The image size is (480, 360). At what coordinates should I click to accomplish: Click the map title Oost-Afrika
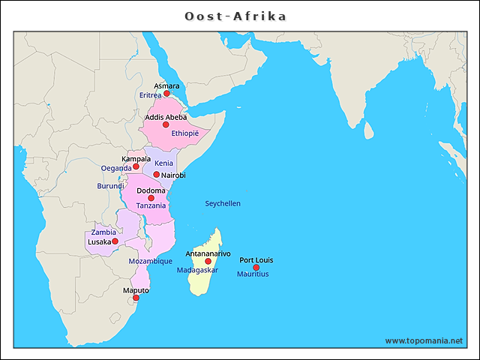[235, 16]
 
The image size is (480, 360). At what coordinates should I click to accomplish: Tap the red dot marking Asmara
[166, 94]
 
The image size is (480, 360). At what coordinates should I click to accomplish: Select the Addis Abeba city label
[166, 117]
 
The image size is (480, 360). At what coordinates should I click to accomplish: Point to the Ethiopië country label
[185, 133]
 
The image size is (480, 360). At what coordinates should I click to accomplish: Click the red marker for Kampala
[136, 166]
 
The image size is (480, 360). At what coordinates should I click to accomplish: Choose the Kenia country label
[164, 163]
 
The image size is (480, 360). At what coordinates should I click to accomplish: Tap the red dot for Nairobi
[156, 175]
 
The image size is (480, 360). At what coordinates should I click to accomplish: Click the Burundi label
[111, 185]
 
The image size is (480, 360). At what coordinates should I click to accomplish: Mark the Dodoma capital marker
[151, 198]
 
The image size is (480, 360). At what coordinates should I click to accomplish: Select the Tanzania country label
[151, 205]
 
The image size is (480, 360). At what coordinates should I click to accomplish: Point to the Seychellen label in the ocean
[223, 203]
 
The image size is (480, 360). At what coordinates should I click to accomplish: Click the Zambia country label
[103, 232]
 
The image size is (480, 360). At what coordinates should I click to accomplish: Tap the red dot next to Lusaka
[115, 241]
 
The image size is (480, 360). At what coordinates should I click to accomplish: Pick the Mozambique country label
[150, 261]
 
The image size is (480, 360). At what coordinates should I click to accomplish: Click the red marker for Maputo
[136, 298]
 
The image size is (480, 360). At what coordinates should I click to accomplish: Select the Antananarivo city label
[208, 253]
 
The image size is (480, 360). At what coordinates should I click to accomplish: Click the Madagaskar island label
[197, 270]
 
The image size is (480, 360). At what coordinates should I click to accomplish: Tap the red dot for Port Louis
[256, 268]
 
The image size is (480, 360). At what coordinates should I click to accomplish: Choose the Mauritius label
[253, 274]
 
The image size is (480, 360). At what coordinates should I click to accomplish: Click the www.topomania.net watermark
[424, 340]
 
